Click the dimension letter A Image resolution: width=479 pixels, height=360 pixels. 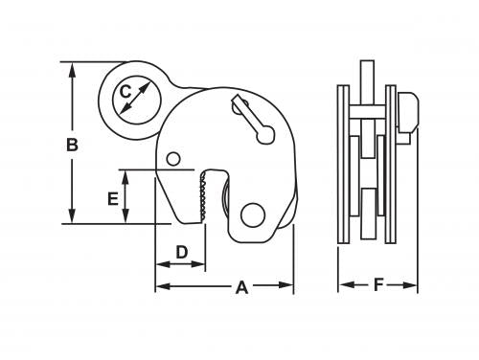[241, 287]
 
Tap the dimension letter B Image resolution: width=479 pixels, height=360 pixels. [72, 145]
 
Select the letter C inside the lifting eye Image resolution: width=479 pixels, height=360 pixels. [125, 92]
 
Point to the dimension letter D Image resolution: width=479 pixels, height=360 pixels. [182, 252]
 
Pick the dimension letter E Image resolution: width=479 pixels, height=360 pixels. [113, 199]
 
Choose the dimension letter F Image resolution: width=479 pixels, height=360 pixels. [378, 284]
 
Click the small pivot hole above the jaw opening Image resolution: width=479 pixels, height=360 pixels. [173, 159]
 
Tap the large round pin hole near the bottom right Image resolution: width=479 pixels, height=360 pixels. [253, 214]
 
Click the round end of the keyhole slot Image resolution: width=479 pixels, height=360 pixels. [265, 135]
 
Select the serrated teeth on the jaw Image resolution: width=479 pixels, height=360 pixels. [202, 196]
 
